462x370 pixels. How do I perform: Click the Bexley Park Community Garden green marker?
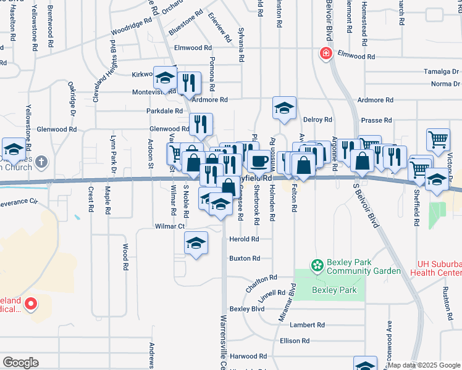click(x=317, y=266)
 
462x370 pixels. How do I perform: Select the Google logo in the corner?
click(x=20, y=362)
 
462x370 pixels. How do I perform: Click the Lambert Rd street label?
click(x=307, y=325)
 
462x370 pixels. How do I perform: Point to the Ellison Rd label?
click(x=294, y=340)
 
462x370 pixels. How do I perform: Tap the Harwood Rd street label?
click(x=248, y=356)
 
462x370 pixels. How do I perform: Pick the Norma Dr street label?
click(x=445, y=84)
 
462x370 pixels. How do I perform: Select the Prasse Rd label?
click(x=378, y=120)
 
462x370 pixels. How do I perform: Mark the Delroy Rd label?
click(x=318, y=120)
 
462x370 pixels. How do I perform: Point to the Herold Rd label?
click(x=243, y=239)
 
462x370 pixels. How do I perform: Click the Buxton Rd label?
click(x=240, y=258)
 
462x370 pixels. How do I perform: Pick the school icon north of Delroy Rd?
click(x=284, y=107)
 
